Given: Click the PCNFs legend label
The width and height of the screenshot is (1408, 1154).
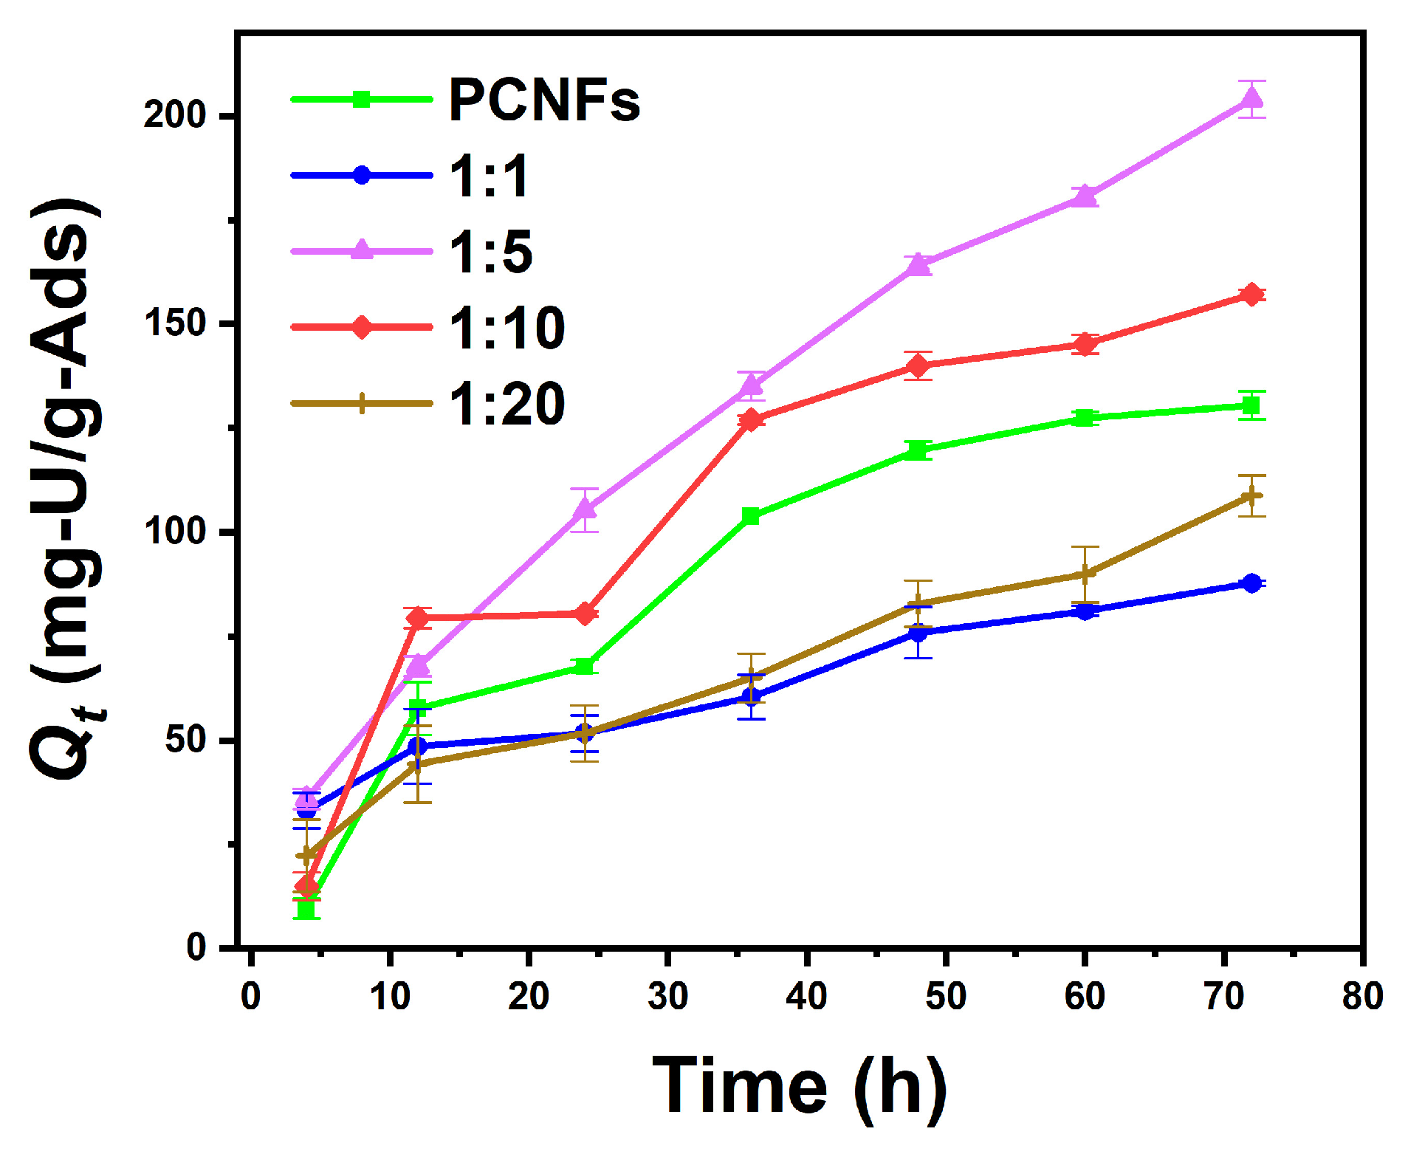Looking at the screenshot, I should [x=544, y=100].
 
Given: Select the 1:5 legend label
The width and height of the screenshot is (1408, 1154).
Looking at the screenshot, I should [x=490, y=252].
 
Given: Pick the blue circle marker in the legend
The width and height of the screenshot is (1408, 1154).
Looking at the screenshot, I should [x=362, y=175].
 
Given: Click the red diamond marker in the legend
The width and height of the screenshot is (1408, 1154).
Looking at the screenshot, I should [x=362, y=326].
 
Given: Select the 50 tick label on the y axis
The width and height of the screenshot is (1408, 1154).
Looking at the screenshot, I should [x=185, y=739].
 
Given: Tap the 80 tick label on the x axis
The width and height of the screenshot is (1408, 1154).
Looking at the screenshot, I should [x=1362, y=997].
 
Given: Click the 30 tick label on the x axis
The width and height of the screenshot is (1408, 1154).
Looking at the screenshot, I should [x=667, y=997].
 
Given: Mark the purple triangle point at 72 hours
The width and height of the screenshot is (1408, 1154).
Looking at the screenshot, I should [x=1251, y=97].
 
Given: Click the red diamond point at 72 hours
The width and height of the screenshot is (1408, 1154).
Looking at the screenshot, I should [x=1251, y=295].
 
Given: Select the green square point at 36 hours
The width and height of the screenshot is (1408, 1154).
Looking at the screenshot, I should [x=751, y=515].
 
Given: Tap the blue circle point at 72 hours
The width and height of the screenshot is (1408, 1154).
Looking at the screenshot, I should [x=1251, y=583].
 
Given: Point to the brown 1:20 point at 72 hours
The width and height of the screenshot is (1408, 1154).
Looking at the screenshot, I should [x=1251, y=495].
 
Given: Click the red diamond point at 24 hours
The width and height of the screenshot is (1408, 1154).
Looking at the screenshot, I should [x=585, y=613].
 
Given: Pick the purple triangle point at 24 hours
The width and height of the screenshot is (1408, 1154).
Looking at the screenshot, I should [x=585, y=509].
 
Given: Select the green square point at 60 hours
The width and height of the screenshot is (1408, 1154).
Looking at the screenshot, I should [x=1085, y=418].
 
